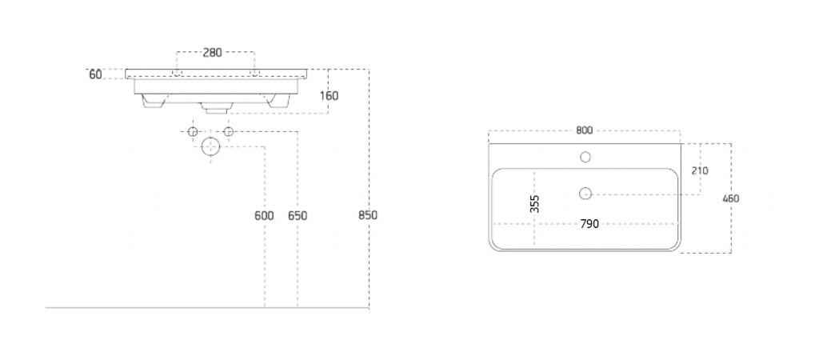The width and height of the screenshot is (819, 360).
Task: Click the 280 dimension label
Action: (x=212, y=52)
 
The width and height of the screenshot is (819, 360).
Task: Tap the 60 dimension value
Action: (x=95, y=74)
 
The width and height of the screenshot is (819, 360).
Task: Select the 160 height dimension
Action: (x=329, y=96)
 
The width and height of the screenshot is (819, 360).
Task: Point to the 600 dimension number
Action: (x=264, y=216)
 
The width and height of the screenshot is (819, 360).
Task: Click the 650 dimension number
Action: (x=298, y=216)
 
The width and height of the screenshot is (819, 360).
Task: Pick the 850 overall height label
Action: (x=368, y=215)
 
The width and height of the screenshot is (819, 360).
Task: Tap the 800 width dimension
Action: (x=585, y=130)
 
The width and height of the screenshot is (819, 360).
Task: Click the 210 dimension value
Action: (x=700, y=171)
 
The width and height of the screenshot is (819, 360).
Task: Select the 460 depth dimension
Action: (x=731, y=198)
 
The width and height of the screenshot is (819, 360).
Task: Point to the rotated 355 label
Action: (x=534, y=204)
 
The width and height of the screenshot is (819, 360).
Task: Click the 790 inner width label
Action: (x=589, y=224)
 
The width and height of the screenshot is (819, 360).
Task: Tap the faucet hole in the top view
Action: (x=585, y=157)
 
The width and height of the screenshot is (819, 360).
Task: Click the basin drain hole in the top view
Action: (x=585, y=194)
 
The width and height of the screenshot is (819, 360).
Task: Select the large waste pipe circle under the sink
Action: (x=210, y=146)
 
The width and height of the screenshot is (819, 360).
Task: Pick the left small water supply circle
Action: (x=192, y=131)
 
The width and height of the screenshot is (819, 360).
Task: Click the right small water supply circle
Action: (x=228, y=131)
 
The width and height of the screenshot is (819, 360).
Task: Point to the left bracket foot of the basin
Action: (x=153, y=102)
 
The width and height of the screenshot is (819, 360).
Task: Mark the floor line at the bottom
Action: (x=207, y=308)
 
